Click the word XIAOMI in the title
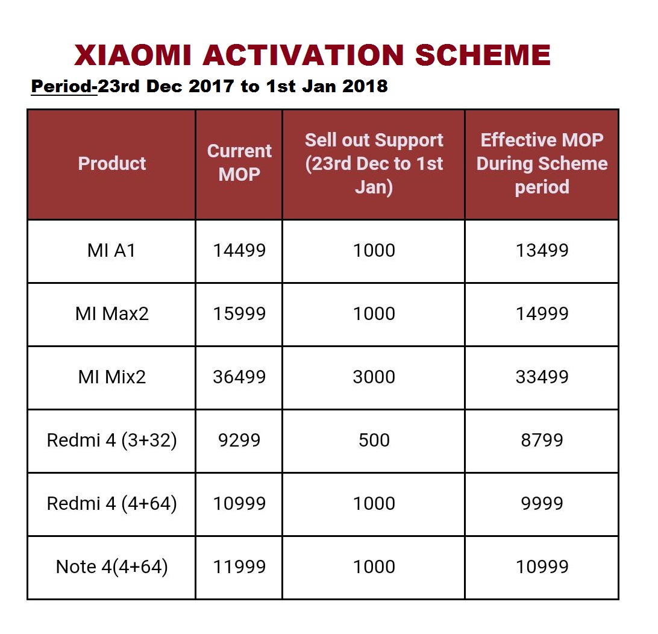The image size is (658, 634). tap(133, 55)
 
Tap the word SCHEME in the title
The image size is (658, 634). tap(483, 55)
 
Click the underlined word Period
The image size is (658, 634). tap(63, 87)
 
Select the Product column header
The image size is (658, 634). tap(112, 163)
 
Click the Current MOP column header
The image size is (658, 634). tap(239, 163)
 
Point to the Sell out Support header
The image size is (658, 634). tap(374, 163)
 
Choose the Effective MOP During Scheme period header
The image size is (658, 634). tap(542, 163)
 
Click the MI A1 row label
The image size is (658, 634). tap(112, 251)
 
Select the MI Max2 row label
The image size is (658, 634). tap(112, 314)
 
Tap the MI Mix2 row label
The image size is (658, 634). tap(112, 377)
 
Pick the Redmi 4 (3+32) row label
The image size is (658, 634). tap(112, 441)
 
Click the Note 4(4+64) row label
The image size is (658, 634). tap(112, 567)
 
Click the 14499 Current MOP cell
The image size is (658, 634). tap(239, 251)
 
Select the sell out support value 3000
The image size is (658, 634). tap(374, 377)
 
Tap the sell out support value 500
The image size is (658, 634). tap(374, 441)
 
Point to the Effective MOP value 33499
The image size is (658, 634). tap(542, 377)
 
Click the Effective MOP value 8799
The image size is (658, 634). tap(542, 441)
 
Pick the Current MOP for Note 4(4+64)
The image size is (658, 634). tap(239, 567)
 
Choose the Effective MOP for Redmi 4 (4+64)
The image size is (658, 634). tap(542, 504)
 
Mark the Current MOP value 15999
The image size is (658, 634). tap(239, 314)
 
